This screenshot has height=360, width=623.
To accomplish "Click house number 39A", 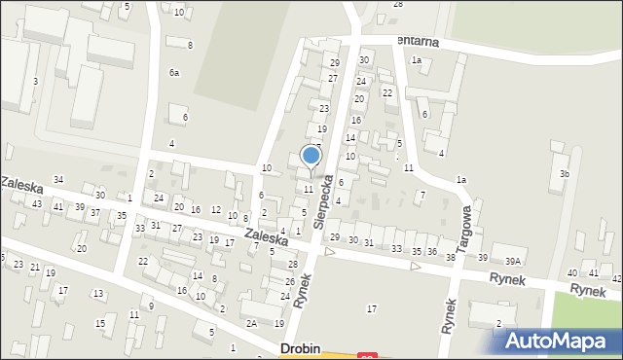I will tap(512, 261).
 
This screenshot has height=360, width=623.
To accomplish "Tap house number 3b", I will tap(564, 173).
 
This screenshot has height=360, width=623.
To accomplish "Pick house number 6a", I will tap(174, 73).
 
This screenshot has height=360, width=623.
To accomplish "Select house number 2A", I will tap(251, 323).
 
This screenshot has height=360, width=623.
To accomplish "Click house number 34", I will tap(58, 179).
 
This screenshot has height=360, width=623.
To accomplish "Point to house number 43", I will tap(37, 204).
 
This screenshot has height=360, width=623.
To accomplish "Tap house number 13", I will tap(97, 293).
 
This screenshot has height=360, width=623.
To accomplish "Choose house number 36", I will tap(431, 252).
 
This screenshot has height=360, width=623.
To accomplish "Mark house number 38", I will tap(450, 257).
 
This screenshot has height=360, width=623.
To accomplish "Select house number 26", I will tap(289, 282).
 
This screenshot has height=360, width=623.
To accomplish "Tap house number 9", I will tap(151, 306).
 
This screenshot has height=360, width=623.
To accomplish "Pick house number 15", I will tap(99, 323).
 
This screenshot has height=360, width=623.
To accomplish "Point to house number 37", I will tap(94, 212).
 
